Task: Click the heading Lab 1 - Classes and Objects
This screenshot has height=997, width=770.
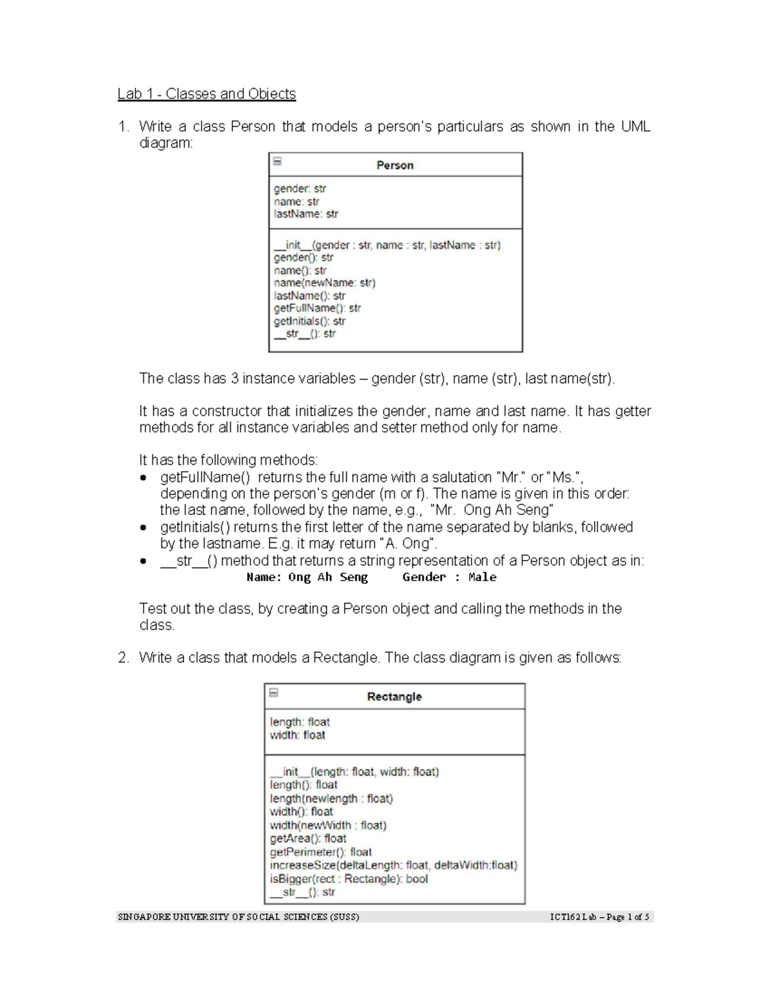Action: (206, 94)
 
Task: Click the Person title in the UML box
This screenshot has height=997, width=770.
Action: (395, 165)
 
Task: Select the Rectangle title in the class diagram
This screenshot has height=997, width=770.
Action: (394, 697)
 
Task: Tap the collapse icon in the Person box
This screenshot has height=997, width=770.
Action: (277, 161)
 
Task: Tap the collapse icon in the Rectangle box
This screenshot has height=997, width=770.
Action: (273, 693)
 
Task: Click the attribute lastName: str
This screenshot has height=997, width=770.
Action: (305, 214)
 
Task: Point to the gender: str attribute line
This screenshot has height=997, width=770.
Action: (300, 189)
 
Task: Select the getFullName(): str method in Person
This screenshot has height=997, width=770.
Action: (317, 308)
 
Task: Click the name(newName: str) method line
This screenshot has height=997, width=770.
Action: (324, 282)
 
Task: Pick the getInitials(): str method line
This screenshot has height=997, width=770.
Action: (309, 321)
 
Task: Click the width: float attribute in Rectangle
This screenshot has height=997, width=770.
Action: (297, 735)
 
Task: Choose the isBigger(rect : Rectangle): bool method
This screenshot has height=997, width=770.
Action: (348, 879)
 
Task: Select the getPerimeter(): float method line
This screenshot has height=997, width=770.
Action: (320, 852)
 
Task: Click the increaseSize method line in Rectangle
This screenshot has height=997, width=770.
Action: (393, 865)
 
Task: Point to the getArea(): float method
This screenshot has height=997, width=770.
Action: (307, 838)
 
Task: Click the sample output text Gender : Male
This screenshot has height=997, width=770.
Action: (449, 577)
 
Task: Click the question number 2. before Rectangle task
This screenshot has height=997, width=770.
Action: (123, 658)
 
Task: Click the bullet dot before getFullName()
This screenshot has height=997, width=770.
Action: (144, 478)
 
